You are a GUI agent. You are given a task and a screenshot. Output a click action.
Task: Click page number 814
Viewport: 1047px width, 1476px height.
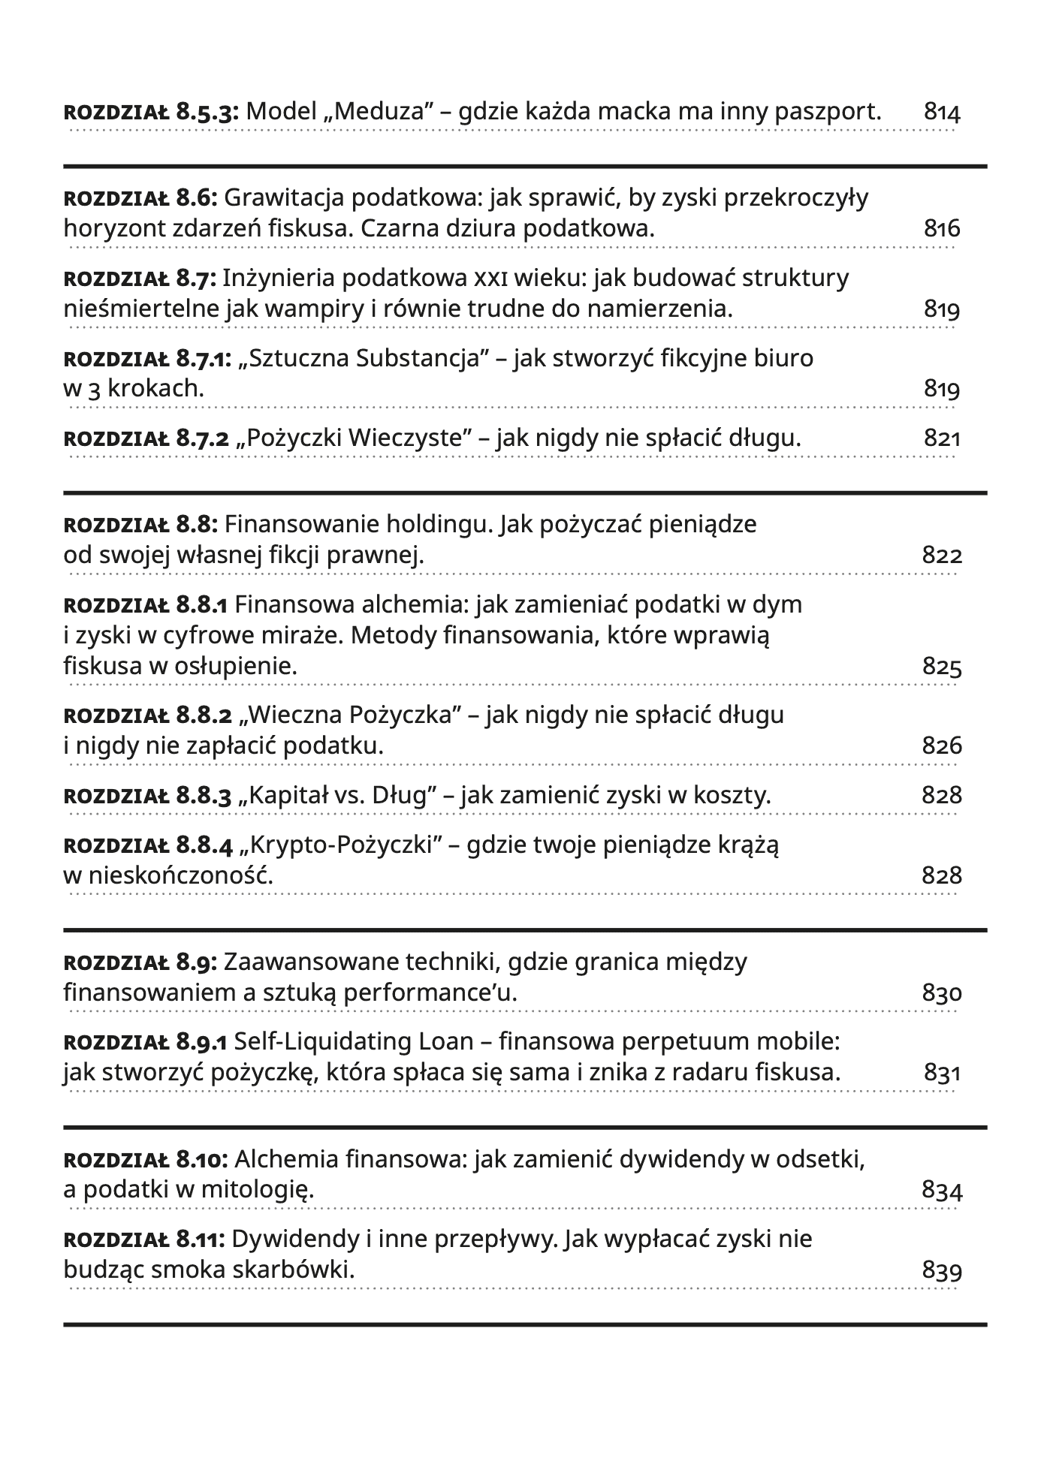(942, 113)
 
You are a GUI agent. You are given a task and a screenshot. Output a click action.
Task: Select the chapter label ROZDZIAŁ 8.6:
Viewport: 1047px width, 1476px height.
(140, 198)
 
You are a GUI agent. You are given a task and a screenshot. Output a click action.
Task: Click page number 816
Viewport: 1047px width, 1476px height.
(942, 228)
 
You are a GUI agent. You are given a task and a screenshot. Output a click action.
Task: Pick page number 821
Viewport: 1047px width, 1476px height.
(942, 438)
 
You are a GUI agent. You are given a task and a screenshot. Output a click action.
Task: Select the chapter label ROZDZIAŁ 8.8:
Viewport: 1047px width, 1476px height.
(140, 524)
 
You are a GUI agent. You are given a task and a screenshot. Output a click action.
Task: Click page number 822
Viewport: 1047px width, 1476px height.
(942, 556)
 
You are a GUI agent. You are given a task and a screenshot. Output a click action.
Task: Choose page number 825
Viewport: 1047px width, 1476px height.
(942, 667)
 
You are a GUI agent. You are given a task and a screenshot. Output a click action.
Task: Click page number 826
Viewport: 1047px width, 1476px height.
(942, 746)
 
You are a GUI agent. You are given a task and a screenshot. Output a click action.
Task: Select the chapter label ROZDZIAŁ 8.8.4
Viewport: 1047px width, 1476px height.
(148, 845)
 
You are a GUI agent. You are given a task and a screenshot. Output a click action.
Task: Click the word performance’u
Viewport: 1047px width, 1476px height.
(448, 993)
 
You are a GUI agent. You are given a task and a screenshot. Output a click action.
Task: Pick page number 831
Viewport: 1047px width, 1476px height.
(942, 1073)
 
